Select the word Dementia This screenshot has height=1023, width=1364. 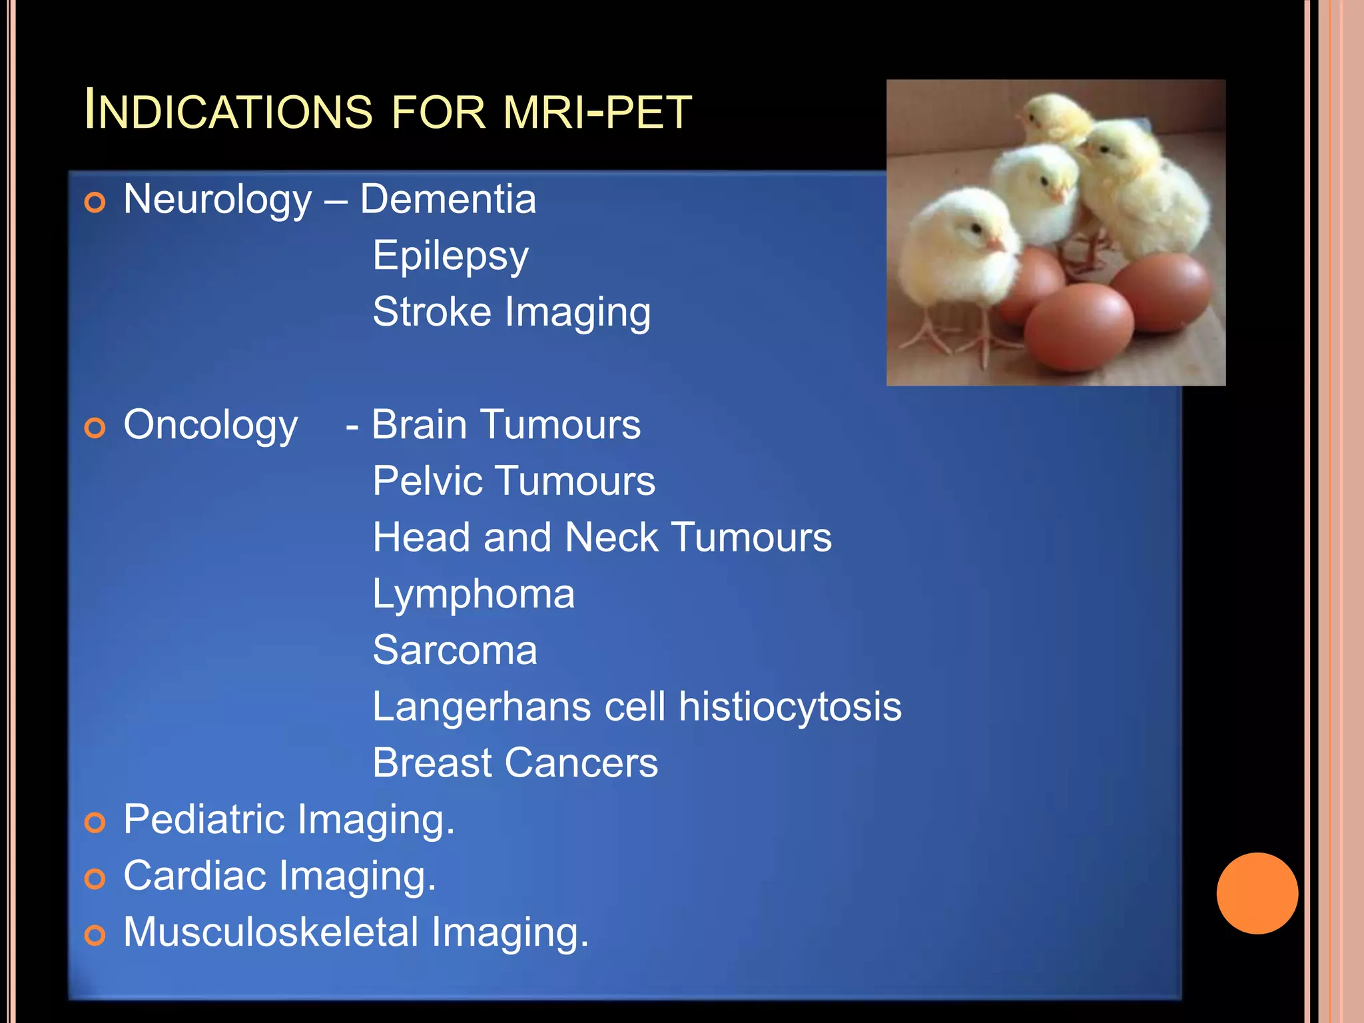click(x=448, y=199)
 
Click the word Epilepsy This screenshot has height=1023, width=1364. click(x=450, y=256)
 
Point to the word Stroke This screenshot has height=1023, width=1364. click(x=432, y=312)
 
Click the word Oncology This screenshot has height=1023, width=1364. click(x=210, y=426)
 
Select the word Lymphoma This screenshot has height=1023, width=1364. click(x=473, y=594)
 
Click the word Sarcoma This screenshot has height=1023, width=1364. click(x=454, y=650)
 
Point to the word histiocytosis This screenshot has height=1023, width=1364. click(x=790, y=707)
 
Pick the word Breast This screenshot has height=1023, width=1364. click(x=432, y=763)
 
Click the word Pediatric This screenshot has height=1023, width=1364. click(x=204, y=819)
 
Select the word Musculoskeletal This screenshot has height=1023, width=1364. click(x=270, y=932)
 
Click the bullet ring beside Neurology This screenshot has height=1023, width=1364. click(x=95, y=202)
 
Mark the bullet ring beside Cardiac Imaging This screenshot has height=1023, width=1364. click(x=95, y=879)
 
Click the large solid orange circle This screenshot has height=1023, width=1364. click(x=1257, y=893)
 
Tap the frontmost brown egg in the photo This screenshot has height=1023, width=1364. click(x=1078, y=326)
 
